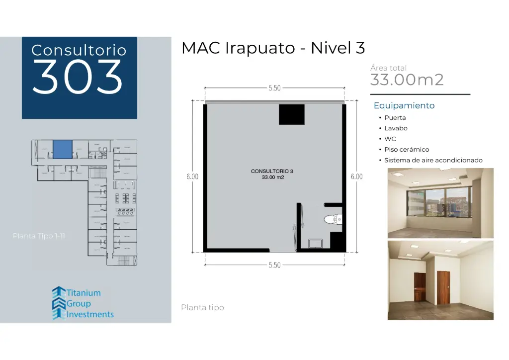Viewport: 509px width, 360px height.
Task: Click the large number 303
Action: pyautogui.click(x=78, y=78)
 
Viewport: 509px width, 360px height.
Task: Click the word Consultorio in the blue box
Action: pyautogui.click(x=79, y=50)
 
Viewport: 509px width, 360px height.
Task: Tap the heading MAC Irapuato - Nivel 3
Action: pyautogui.click(x=273, y=48)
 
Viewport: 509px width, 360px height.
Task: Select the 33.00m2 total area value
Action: pyautogui.click(x=407, y=80)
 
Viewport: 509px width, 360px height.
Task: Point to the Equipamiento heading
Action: pyautogui.click(x=404, y=105)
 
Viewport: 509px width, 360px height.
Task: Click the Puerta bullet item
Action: pyautogui.click(x=395, y=118)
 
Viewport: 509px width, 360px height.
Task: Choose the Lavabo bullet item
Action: pyautogui.click(x=396, y=128)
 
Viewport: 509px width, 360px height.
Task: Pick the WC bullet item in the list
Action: pyautogui.click(x=390, y=139)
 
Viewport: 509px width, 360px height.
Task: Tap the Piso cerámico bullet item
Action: pyautogui.click(x=406, y=150)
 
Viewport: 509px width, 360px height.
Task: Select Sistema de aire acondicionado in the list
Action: pyautogui.click(x=433, y=161)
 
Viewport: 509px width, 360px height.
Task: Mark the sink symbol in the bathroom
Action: pyautogui.click(x=316, y=243)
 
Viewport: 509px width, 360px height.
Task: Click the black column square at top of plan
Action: pyautogui.click(x=291, y=115)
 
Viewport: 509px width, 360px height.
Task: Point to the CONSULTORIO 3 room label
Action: pyautogui.click(x=272, y=171)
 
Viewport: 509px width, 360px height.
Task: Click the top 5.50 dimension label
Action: pyautogui.click(x=274, y=88)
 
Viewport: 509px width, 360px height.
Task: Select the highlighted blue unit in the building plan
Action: pyautogui.click(x=63, y=149)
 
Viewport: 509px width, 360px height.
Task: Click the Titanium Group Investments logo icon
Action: pyautogui.click(x=59, y=302)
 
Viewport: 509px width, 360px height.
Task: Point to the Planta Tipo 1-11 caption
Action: pyautogui.click(x=39, y=236)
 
